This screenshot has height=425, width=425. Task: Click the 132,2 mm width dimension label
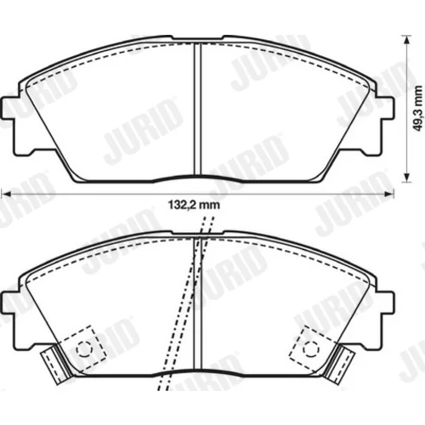pos(194,205)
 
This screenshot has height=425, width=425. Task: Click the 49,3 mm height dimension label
pos(417,109)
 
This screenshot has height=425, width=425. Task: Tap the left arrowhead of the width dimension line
pos(6,194)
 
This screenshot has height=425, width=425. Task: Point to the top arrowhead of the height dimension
pos(407,40)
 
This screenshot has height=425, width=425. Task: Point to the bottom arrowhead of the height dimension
pos(407,178)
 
